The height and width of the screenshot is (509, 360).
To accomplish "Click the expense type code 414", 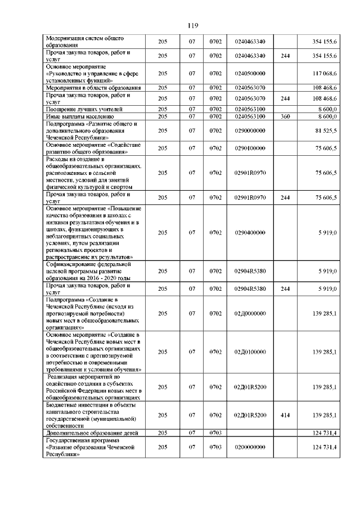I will coord(285,415).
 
